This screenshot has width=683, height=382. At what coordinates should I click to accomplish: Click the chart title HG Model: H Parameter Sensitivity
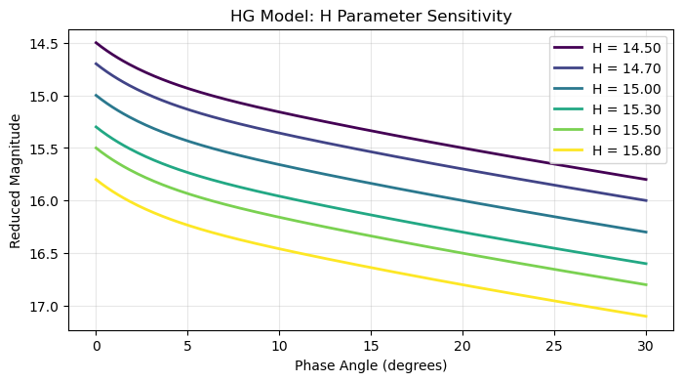[x=371, y=17]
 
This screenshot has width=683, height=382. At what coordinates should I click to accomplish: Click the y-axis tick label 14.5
[x=45, y=43]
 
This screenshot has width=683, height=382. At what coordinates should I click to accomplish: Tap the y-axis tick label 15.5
[x=45, y=149]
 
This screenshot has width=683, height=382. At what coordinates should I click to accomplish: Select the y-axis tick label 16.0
[x=45, y=201]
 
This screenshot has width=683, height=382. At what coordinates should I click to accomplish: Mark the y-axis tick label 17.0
[x=45, y=307]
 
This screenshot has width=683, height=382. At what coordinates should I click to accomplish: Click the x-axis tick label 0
[x=96, y=346]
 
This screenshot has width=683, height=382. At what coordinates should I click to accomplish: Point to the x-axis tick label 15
[x=371, y=346]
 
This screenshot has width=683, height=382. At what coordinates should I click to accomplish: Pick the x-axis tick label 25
[x=554, y=346]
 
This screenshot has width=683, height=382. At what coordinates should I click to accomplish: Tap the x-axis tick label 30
[x=646, y=346]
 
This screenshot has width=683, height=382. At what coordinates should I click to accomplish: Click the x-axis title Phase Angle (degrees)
[x=371, y=365]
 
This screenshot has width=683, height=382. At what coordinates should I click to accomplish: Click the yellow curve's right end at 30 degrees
[x=646, y=316]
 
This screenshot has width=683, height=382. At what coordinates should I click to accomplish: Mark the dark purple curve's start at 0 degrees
[x=96, y=43]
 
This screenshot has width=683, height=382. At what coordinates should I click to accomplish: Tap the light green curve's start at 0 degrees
[x=96, y=148]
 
